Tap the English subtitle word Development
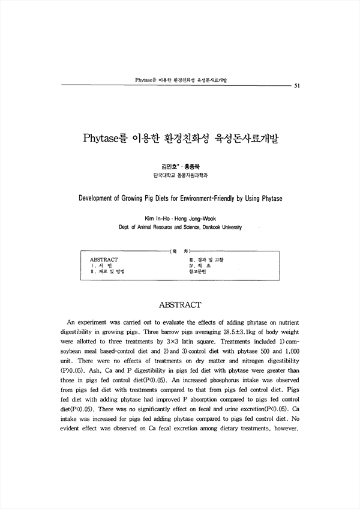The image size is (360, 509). tap(97, 197)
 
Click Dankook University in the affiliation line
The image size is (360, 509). tap(221, 228)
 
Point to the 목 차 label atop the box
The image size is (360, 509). tap(178, 252)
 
